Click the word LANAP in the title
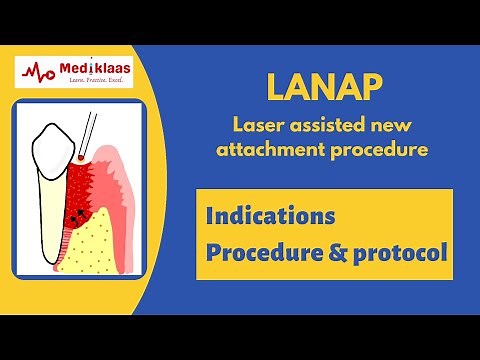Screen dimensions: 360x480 tap(322, 88)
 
